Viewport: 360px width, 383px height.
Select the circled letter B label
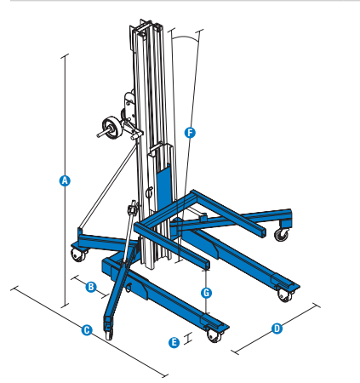[91, 287]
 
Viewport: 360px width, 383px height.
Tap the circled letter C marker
[86, 329]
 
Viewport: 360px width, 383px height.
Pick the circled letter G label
[206, 292]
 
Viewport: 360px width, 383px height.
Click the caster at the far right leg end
[282, 232]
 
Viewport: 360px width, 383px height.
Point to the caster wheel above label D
[283, 294]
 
